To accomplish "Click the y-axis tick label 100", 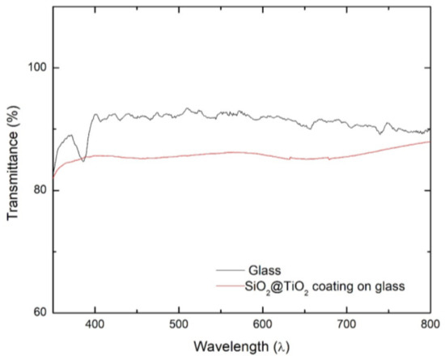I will tap(36, 68).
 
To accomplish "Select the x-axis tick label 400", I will tap(95, 324).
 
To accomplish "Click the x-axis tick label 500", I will tap(179, 324).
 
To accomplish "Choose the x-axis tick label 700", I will tap(346, 324).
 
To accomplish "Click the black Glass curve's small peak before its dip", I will tap(70, 135).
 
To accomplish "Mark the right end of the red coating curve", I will tap(430, 142).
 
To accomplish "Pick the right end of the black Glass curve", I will tap(430, 129).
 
